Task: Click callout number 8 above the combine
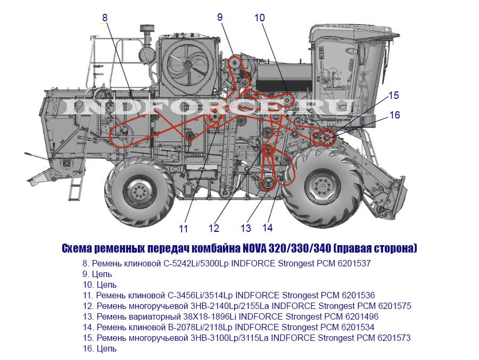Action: (x=105, y=18)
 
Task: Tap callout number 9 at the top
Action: (x=220, y=17)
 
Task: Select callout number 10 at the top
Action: (x=260, y=18)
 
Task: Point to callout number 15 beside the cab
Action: (x=394, y=95)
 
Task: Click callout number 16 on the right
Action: (x=394, y=115)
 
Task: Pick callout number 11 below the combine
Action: (x=183, y=229)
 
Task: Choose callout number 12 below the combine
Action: (x=214, y=228)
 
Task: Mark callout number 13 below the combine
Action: (x=245, y=228)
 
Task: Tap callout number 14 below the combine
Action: (x=268, y=228)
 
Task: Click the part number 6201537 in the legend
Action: (x=354, y=263)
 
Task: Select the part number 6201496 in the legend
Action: (x=362, y=316)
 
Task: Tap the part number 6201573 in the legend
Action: (x=394, y=338)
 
